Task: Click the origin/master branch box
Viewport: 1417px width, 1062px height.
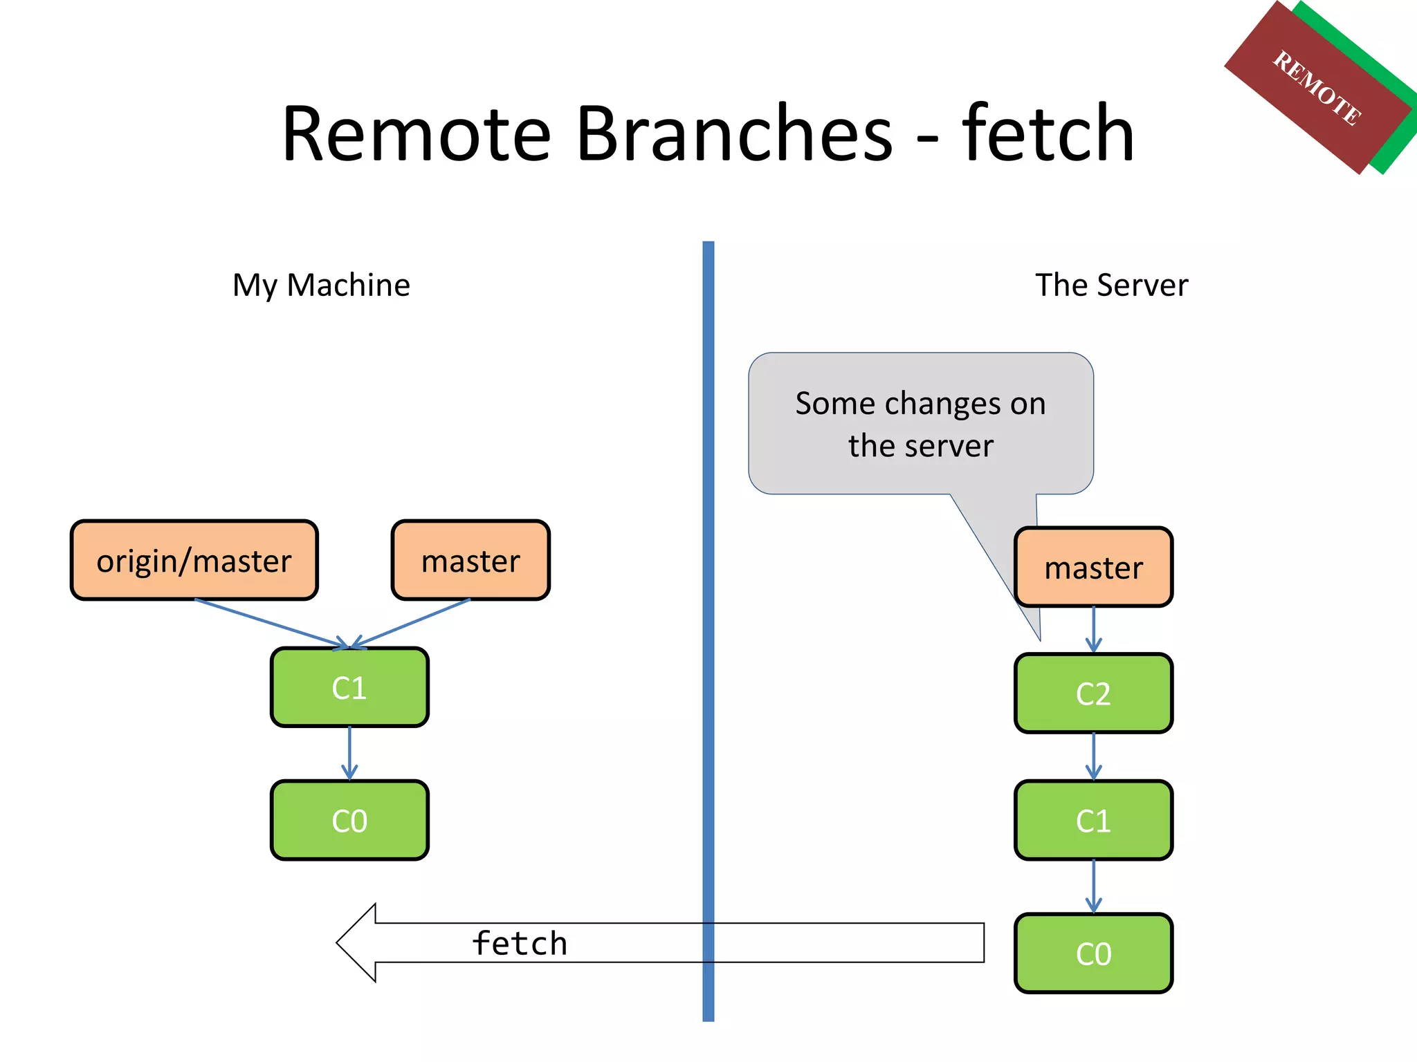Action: point(194,561)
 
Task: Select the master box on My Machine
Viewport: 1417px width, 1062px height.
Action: point(470,561)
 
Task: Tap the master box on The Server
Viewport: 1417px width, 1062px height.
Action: point(1093,568)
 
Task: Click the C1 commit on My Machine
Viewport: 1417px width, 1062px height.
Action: point(349,688)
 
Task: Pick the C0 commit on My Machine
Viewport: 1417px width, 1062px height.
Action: point(349,821)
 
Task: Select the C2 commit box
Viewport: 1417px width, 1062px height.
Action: point(1093,693)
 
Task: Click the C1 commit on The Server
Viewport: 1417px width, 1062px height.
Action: point(1093,821)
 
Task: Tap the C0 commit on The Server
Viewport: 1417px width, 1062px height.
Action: point(1093,953)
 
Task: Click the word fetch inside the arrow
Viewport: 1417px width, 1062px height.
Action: point(520,944)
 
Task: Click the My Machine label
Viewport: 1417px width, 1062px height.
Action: point(321,285)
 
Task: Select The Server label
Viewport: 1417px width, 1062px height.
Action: point(1111,285)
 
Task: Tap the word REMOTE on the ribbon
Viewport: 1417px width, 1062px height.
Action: point(1317,88)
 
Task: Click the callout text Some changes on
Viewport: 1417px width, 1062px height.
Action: point(920,403)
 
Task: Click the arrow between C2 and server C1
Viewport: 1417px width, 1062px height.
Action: point(1093,756)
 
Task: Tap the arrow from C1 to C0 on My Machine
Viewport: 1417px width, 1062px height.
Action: point(349,752)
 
